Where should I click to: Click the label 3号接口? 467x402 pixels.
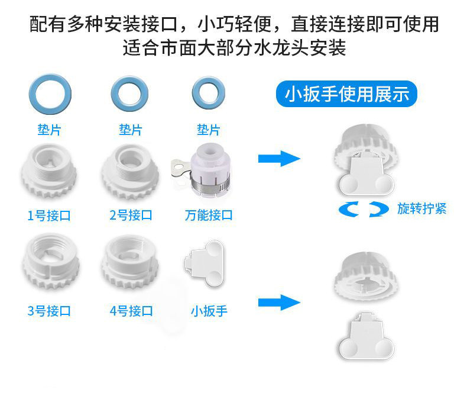(x=50, y=311)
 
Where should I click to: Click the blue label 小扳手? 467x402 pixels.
(x=209, y=311)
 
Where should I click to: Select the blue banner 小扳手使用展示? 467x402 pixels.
(x=347, y=94)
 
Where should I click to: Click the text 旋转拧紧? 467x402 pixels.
(x=421, y=209)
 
